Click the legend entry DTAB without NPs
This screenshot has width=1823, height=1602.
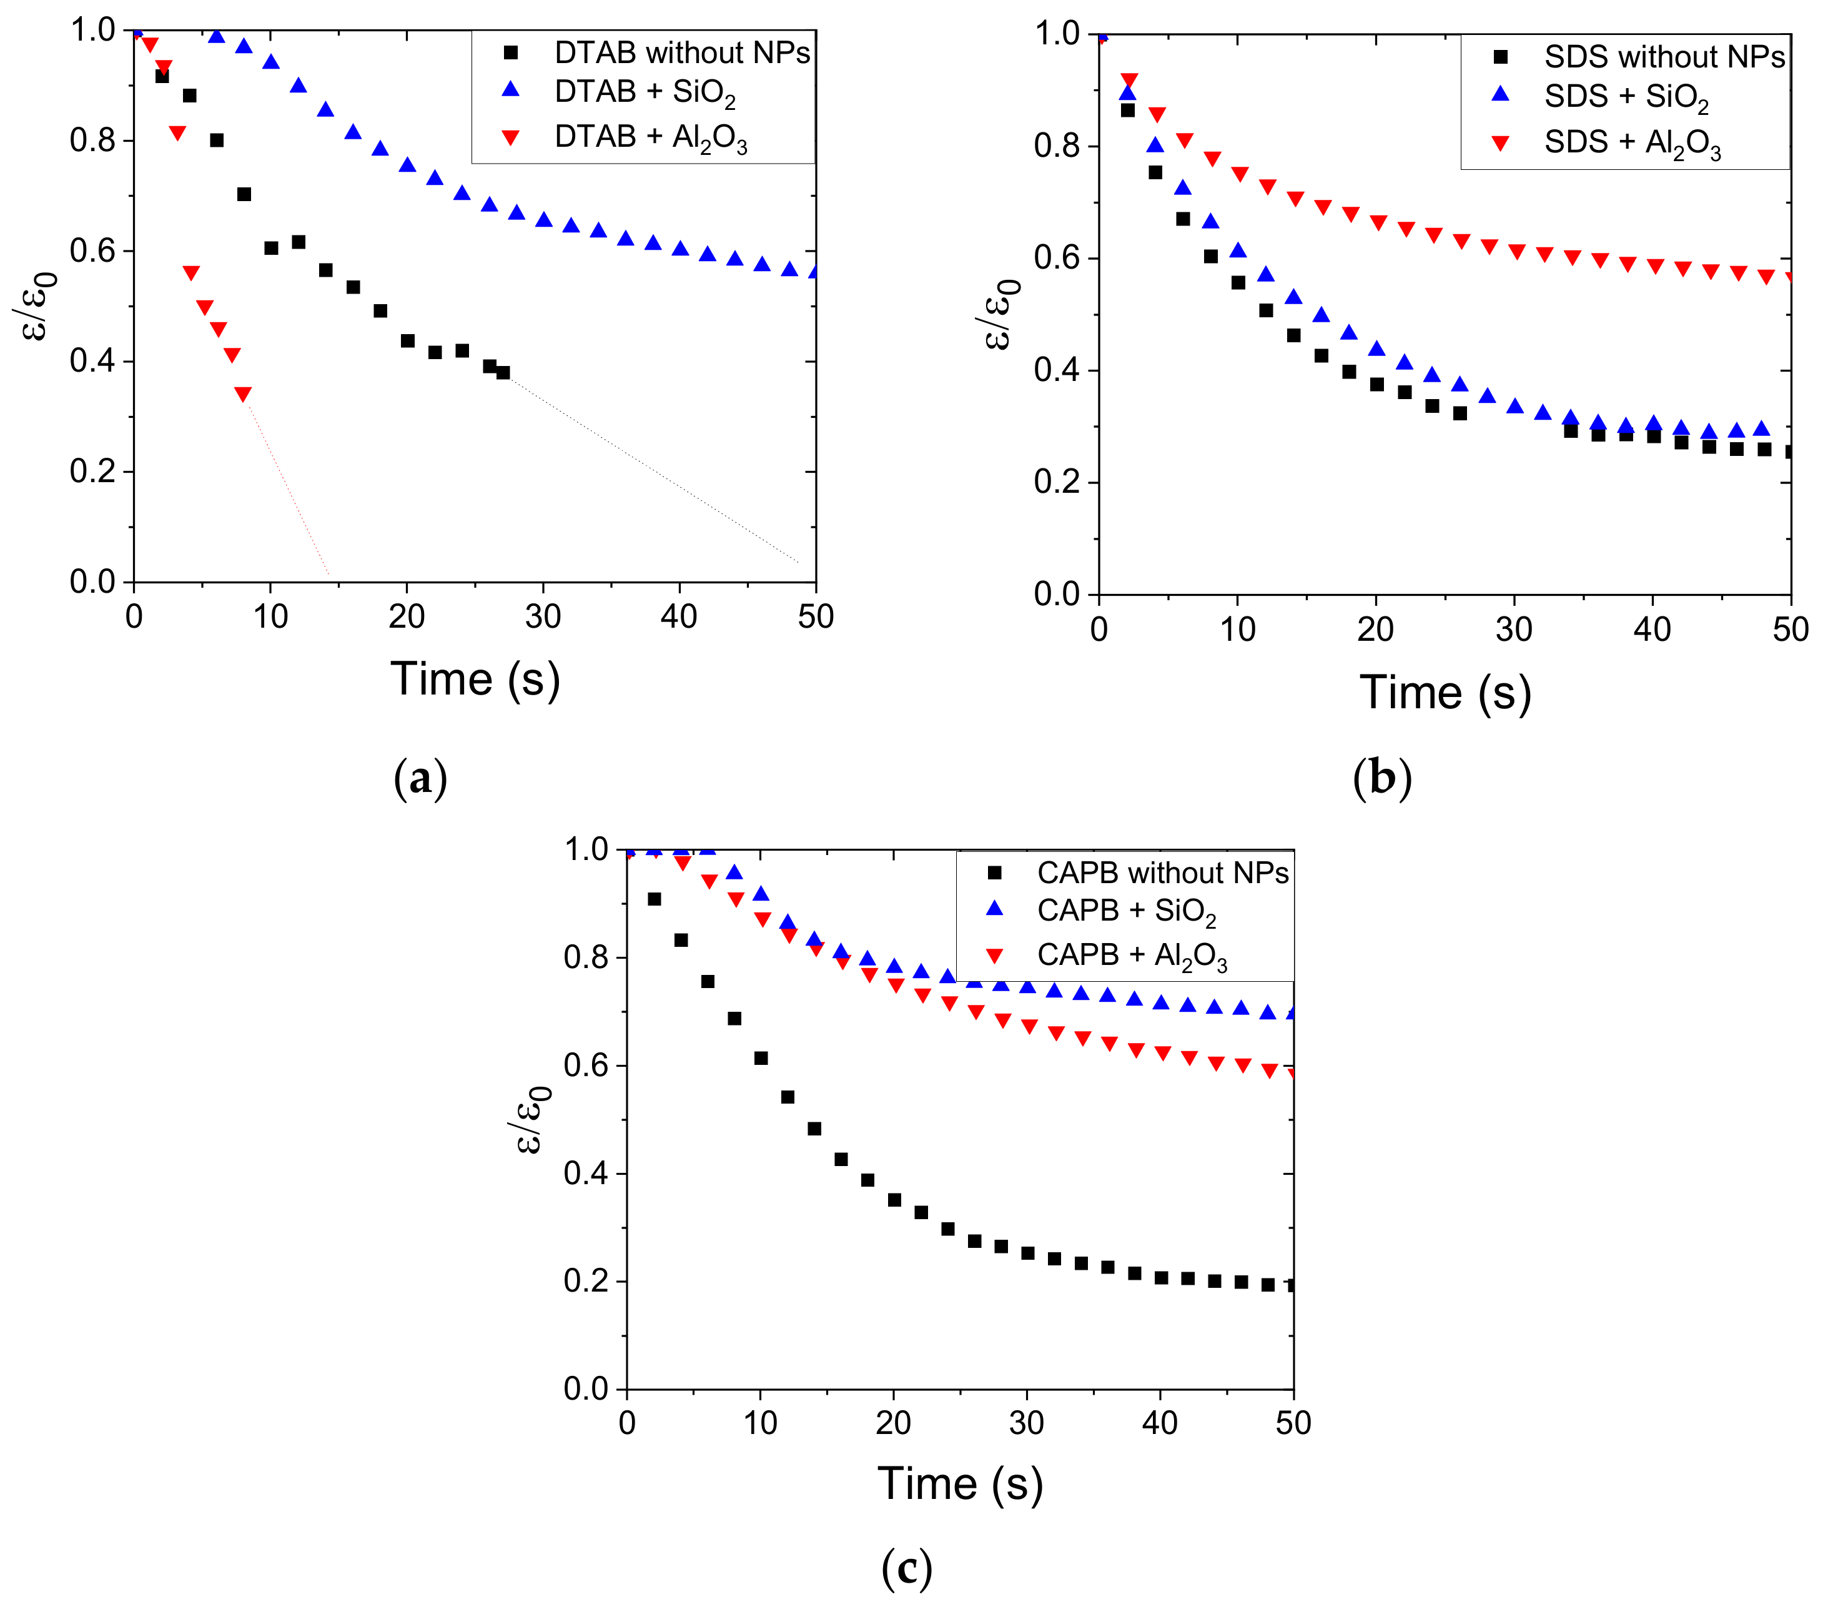681,52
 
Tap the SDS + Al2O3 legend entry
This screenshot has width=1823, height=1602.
1631,143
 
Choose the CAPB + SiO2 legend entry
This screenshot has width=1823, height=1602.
1125,911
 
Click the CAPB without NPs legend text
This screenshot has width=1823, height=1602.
1162,873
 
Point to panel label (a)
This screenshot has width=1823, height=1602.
420,778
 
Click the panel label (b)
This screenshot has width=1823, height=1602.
1381,778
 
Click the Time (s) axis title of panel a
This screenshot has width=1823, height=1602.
475,680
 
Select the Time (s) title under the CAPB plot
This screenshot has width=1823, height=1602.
960,1483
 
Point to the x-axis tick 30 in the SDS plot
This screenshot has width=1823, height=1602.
1513,630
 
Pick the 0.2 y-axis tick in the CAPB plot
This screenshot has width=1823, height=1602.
586,1281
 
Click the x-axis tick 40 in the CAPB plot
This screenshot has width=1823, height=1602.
1160,1422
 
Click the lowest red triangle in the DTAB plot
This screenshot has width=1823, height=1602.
242,394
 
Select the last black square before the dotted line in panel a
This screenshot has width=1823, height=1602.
503,373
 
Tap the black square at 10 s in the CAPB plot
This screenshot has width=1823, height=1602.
761,1058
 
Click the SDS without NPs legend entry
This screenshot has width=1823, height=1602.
1663,57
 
